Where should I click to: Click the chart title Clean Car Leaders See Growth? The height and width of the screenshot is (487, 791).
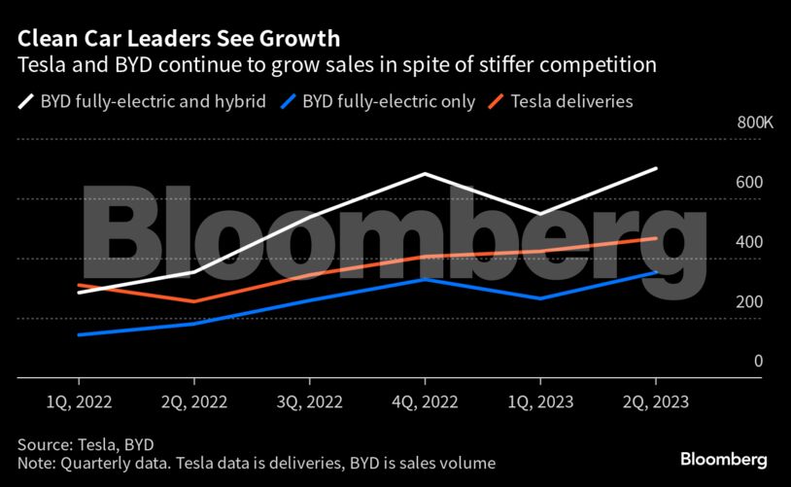point(178,39)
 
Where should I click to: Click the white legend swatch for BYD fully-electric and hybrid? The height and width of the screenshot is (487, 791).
point(25,100)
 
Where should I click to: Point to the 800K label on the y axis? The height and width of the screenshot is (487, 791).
point(755,123)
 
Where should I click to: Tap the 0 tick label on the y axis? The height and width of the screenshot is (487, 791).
point(758,362)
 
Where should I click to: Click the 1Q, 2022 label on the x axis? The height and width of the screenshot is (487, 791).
point(78,400)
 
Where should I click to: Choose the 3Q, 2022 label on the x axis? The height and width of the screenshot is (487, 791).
point(309,400)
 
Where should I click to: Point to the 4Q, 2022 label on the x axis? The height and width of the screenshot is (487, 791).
point(425,400)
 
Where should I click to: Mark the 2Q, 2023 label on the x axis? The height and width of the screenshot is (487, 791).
point(656,400)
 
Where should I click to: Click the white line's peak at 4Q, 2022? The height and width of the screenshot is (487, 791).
point(425,174)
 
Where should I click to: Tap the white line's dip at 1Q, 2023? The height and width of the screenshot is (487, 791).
point(540,214)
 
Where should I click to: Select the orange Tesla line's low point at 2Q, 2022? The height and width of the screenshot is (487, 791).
point(193,301)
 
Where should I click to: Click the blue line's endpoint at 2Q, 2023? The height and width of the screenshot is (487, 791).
point(656,272)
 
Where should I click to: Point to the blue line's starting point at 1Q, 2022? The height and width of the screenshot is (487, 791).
point(78,334)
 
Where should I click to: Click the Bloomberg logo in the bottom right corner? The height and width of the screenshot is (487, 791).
point(724,458)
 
